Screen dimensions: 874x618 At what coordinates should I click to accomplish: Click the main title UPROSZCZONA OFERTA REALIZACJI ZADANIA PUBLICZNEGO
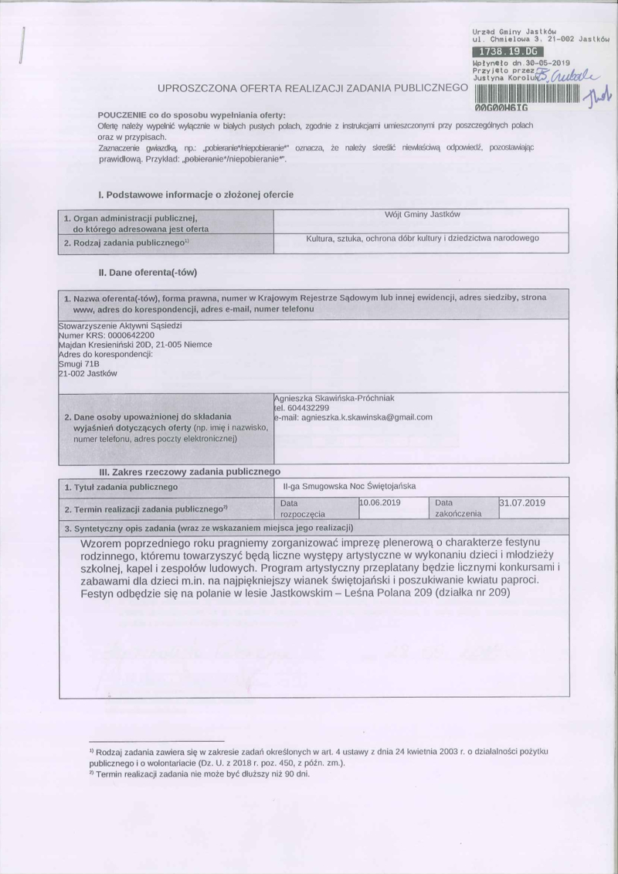click(313, 87)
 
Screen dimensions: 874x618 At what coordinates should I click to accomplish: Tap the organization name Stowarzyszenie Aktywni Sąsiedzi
click(110, 326)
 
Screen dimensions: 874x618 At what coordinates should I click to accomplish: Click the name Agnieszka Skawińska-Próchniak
click(334, 398)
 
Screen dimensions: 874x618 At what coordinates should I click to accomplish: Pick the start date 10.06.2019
click(379, 503)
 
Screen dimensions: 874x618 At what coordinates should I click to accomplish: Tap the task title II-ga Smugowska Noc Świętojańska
click(350, 487)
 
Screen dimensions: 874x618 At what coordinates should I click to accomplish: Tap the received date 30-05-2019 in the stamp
click(545, 61)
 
